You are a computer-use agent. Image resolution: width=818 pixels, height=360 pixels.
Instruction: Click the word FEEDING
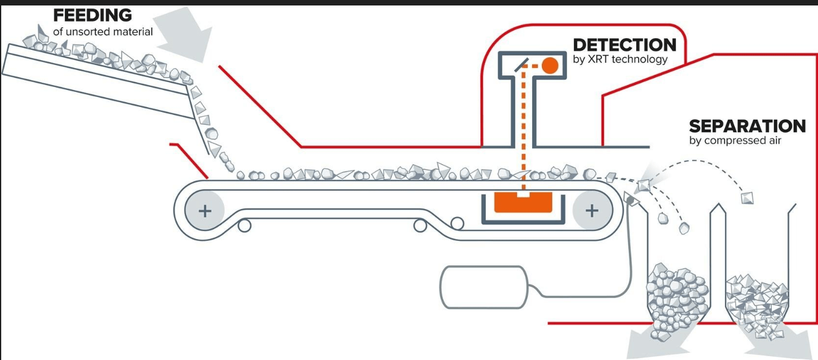click(92, 15)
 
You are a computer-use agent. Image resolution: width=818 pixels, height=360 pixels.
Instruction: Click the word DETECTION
click(625, 45)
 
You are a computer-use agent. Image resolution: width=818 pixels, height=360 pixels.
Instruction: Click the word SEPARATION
click(747, 126)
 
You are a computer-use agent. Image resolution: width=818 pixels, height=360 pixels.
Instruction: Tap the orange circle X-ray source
click(550, 66)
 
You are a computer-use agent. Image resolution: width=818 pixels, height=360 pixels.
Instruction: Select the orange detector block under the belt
click(523, 202)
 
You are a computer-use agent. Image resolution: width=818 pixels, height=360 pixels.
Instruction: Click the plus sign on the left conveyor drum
click(205, 211)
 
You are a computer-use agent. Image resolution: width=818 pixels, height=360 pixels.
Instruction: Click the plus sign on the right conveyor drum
click(592, 210)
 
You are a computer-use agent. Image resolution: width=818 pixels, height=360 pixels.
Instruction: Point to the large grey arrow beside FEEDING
click(184, 35)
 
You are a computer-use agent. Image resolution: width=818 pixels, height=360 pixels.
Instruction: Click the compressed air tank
click(484, 288)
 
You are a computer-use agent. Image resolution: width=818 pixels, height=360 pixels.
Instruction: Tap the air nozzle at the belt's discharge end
click(631, 199)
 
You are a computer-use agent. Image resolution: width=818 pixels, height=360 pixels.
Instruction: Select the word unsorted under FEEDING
click(88, 32)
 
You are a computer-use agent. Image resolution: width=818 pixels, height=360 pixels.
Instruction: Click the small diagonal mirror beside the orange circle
click(521, 65)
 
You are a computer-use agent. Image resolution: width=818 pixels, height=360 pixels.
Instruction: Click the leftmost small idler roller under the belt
click(244, 226)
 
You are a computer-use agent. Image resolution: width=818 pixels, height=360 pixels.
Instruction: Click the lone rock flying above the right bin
click(747, 198)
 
